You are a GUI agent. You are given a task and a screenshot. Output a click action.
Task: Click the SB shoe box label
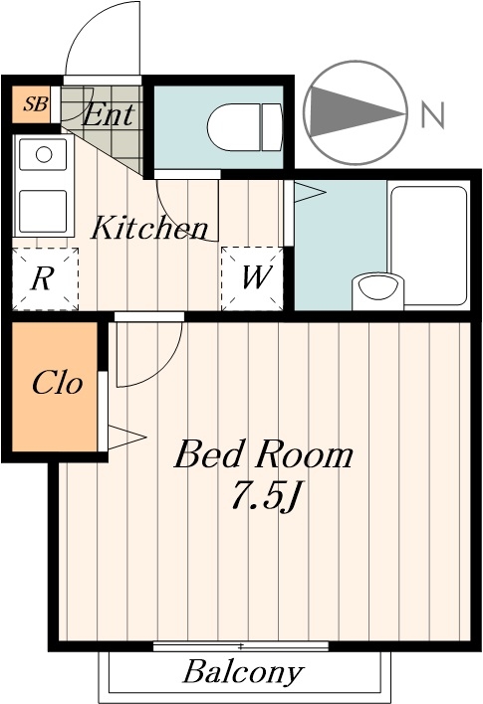tap(36, 104)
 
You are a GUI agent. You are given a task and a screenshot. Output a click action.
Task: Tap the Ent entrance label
tap(109, 115)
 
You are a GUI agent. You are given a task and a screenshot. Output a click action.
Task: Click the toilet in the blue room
tap(245, 127)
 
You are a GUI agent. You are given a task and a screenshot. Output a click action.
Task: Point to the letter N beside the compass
tap(432, 114)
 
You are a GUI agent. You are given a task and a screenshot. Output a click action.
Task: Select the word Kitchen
tap(149, 227)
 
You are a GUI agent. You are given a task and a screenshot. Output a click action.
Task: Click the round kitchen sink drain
tap(44, 154)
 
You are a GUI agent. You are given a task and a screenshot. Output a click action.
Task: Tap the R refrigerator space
tap(45, 278)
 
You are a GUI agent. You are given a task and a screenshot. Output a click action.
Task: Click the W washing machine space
tap(252, 278)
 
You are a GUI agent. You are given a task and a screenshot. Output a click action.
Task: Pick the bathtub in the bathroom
tap(429, 245)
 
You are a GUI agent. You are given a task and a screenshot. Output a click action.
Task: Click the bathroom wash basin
tap(377, 291)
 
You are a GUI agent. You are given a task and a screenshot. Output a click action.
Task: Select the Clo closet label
tap(58, 384)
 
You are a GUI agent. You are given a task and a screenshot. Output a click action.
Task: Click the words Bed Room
tap(264, 454)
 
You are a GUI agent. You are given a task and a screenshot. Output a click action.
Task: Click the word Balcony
tap(243, 672)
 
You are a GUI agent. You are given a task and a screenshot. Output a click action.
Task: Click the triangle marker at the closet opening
tap(126, 437)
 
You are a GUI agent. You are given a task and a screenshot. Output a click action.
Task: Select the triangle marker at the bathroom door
tap(310, 192)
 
